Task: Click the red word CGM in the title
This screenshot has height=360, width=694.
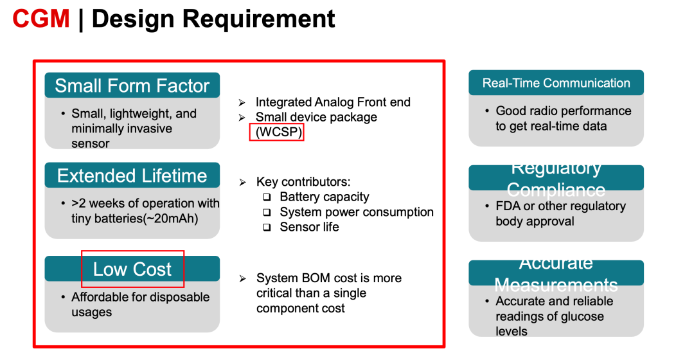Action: click(x=41, y=19)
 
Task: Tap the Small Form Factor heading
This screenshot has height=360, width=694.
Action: click(x=132, y=85)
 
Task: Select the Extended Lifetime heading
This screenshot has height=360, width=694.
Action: click(x=132, y=175)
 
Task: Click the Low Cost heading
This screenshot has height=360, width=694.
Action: click(x=132, y=269)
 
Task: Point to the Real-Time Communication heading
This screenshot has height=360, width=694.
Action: click(x=556, y=83)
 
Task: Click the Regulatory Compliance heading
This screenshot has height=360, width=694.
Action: click(x=556, y=179)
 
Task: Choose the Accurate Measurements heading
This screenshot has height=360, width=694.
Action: click(x=556, y=273)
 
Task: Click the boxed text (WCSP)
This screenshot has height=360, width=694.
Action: click(x=276, y=132)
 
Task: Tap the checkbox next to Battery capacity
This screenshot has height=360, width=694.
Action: click(x=267, y=197)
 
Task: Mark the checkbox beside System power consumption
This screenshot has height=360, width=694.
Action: click(x=267, y=213)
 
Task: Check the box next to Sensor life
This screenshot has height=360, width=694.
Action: click(x=267, y=228)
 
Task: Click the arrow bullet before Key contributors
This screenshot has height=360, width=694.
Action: click(x=242, y=183)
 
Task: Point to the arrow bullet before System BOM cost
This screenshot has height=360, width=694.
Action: click(x=242, y=279)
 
